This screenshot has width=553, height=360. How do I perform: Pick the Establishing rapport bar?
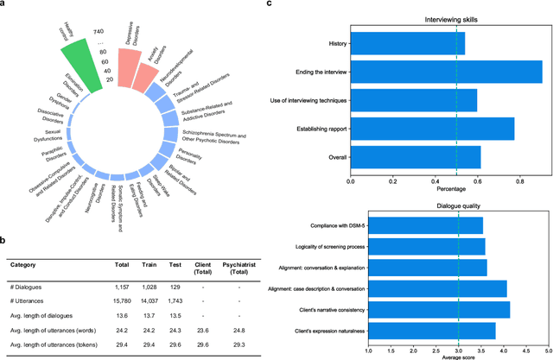[432, 129]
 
